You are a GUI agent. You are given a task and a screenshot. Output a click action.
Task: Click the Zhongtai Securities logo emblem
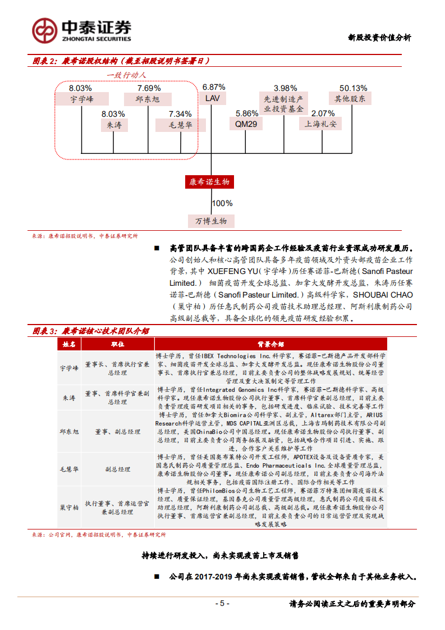(45, 30)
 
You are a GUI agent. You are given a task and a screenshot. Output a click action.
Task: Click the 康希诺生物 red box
(209, 182)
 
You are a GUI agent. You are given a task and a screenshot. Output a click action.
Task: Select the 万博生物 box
(211, 221)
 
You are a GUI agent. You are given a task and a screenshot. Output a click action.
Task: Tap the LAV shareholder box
(213, 98)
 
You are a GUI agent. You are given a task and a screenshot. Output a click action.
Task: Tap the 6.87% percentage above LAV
(213, 87)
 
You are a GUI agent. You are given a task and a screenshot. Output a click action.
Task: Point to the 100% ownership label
(222, 204)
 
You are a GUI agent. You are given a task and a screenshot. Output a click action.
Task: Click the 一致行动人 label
(126, 75)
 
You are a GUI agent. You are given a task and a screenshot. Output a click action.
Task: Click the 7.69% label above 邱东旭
(149, 88)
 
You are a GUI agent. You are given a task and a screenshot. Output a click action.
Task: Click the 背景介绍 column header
(270, 344)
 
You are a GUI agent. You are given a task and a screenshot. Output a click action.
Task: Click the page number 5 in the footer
(222, 604)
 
